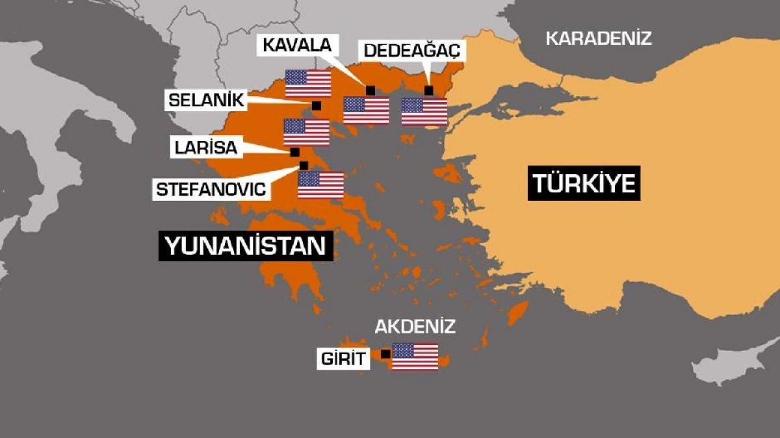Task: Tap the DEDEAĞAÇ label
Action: [x=411, y=49]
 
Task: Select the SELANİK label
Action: [x=205, y=100]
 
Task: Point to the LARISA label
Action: [x=205, y=147]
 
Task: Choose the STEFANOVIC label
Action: [x=211, y=190]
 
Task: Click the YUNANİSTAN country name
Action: [x=246, y=247]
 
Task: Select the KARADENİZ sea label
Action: [x=598, y=38]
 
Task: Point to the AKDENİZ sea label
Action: [x=415, y=326]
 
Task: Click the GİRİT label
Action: [x=343, y=359]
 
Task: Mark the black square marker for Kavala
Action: [x=370, y=90]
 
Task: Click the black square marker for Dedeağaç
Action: [x=428, y=90]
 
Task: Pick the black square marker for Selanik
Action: [x=317, y=106]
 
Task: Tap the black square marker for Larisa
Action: [x=294, y=152]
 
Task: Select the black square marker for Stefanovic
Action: [x=304, y=165]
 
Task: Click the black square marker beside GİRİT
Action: [x=385, y=354]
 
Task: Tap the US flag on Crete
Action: [x=415, y=356]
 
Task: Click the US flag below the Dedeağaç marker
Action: [x=424, y=111]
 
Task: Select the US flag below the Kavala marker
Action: [x=366, y=110]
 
